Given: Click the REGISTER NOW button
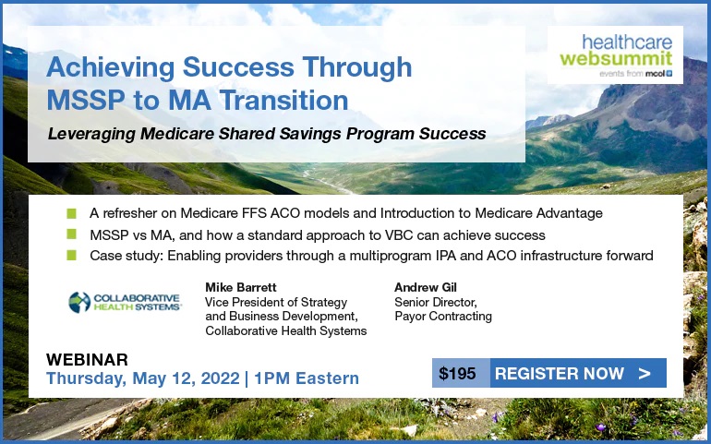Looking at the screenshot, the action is (578, 373).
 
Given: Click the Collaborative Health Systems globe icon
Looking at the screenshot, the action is (79, 302).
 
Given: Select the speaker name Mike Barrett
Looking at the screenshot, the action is (241, 287).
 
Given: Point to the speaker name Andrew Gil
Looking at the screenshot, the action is (426, 287).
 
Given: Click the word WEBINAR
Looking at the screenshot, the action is (87, 360).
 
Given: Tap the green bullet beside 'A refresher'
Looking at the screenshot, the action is (72, 213).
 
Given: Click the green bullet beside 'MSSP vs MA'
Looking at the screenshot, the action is (72, 234).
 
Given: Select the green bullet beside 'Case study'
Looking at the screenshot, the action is (72, 256).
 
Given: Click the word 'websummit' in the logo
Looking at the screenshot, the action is (616, 58).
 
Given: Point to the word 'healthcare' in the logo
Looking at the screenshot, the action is (627, 42).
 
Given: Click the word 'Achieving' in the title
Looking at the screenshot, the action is (110, 67).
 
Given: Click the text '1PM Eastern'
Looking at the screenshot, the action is (307, 378).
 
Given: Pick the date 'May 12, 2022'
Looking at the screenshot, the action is (186, 378).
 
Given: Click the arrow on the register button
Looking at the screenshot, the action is (645, 373).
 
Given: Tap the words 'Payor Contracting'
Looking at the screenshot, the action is (443, 316).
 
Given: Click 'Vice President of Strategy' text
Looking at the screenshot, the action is (276, 302).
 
